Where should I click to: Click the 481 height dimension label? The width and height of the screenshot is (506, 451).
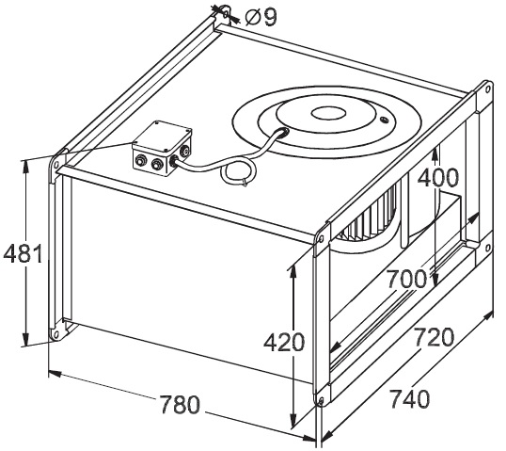[x=23, y=253]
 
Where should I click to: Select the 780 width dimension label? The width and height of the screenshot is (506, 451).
[x=180, y=405]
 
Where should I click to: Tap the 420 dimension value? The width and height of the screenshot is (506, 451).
[x=284, y=343]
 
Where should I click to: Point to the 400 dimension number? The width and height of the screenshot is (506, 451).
[x=437, y=178]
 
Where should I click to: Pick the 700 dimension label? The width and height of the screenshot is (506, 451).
[x=406, y=279]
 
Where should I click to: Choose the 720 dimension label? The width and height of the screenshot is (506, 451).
[x=434, y=337]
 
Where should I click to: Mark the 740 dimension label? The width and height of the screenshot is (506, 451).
[x=410, y=398]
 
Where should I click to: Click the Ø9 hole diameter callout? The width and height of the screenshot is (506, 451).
[x=261, y=17]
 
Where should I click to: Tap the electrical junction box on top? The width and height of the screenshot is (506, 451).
[x=162, y=148]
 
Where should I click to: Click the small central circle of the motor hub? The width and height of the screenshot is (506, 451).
[x=328, y=113]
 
